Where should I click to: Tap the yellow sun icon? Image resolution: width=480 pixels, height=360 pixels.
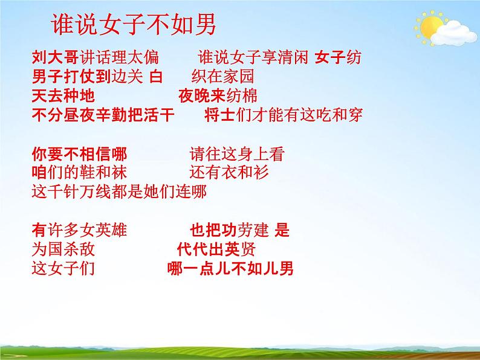(431, 27)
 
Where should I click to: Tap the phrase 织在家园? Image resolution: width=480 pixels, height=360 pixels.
(218, 77)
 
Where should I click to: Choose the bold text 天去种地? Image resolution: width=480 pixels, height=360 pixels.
(62, 97)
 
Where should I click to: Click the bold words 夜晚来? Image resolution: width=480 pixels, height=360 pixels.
(198, 97)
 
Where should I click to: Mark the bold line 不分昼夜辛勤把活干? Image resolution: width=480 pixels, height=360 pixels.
(103, 115)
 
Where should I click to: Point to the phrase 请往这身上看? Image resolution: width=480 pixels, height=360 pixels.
(236, 154)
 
